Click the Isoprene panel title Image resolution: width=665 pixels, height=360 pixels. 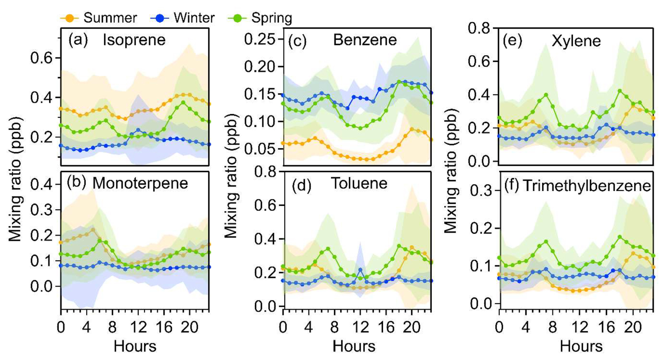134,40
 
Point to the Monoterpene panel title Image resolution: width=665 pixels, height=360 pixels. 140,183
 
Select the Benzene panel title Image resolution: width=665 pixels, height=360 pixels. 364,40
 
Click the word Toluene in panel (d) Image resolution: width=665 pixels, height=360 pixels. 359,183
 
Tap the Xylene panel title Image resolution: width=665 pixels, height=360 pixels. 576,41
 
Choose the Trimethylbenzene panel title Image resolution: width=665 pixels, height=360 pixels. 587,185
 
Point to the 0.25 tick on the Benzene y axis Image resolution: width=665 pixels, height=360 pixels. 259,39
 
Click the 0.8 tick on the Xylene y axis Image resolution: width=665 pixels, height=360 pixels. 479,28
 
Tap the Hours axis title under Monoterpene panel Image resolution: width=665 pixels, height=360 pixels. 135,346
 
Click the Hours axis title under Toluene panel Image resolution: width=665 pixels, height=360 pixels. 354,346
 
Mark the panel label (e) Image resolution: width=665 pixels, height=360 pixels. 512,41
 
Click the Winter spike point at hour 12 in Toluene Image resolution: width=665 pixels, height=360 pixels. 360,270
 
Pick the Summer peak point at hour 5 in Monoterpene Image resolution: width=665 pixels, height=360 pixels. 93,230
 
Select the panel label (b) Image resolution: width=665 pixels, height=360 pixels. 76,183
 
